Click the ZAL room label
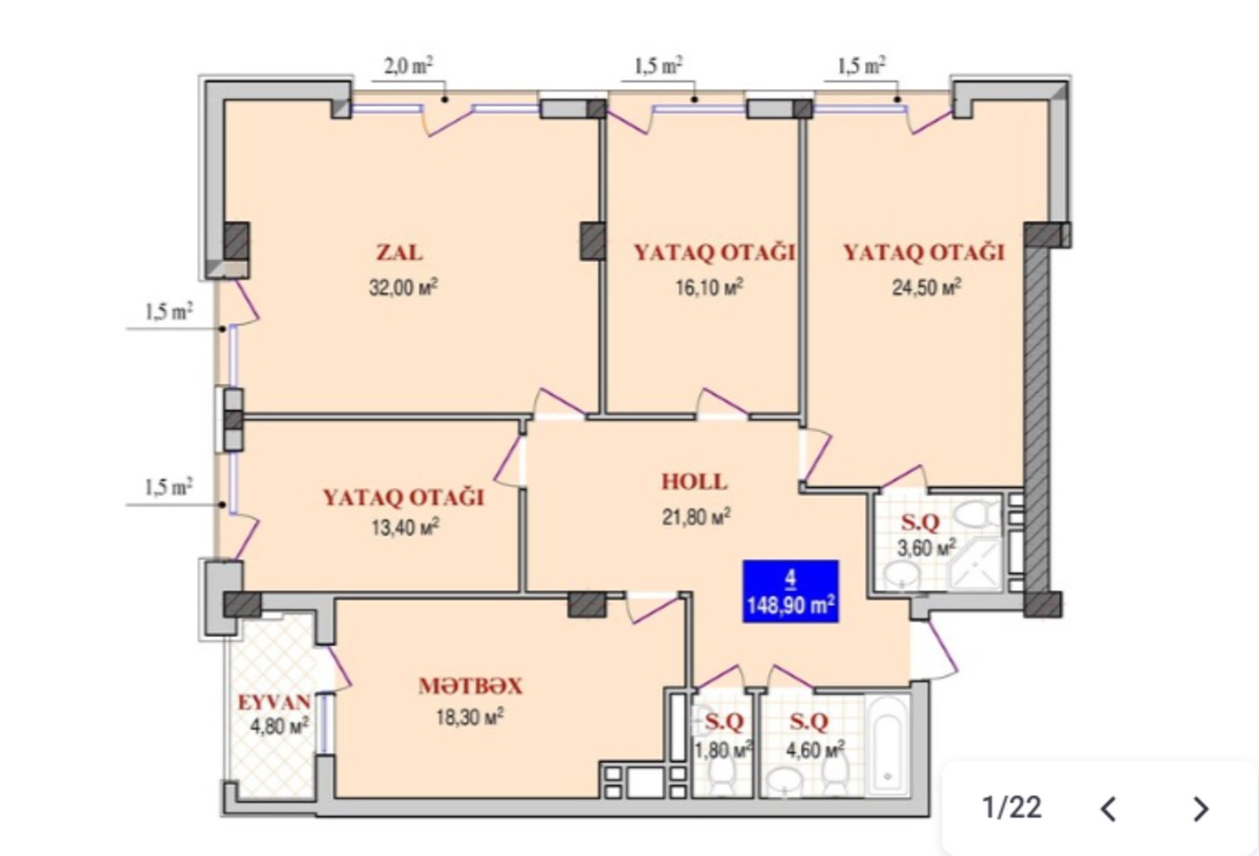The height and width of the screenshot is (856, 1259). (399, 253)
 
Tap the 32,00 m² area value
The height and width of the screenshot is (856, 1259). (404, 287)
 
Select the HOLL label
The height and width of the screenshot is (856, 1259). (694, 481)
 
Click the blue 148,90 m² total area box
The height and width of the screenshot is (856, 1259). (791, 592)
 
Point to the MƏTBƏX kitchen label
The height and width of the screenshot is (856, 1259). (471, 686)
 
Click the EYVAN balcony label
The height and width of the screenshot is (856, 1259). (275, 702)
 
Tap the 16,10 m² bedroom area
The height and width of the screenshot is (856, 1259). (709, 288)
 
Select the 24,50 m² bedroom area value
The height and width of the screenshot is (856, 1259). (927, 288)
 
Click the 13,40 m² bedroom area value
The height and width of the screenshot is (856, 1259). (405, 527)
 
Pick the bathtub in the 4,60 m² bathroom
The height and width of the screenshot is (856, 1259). (888, 745)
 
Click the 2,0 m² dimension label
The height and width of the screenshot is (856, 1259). (408, 66)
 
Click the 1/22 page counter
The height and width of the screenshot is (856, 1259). (1012, 808)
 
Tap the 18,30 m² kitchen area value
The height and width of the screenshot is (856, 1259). (470, 717)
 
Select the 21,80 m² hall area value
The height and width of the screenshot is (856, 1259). (696, 517)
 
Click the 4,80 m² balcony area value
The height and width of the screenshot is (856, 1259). (279, 727)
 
